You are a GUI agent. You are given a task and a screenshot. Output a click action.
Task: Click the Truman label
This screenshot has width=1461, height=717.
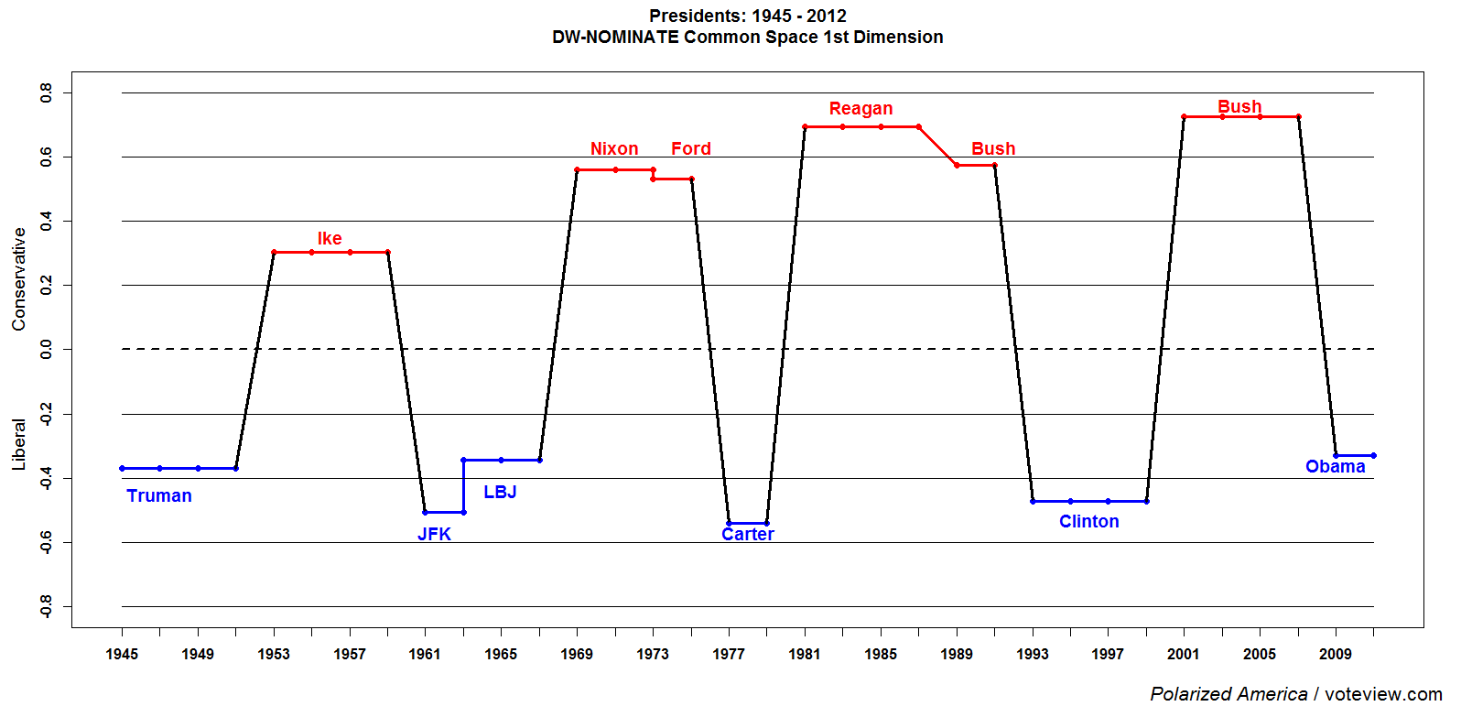click(x=159, y=495)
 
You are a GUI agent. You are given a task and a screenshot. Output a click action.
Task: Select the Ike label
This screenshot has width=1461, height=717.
click(x=330, y=238)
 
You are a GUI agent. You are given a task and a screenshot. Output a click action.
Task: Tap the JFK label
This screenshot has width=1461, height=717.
click(x=434, y=534)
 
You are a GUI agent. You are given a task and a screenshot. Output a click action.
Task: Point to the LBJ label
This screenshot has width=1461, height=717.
click(x=500, y=492)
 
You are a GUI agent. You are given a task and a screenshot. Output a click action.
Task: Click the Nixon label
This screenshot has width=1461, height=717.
click(x=614, y=148)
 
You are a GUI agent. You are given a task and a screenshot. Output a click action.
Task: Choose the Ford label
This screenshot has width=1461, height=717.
click(x=691, y=148)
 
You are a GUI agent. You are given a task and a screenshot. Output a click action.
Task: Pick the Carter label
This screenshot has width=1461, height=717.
click(x=748, y=535)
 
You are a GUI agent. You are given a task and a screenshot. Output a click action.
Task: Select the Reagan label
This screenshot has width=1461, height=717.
click(x=860, y=108)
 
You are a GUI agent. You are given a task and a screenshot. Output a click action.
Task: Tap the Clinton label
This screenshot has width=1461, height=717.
click(x=1088, y=521)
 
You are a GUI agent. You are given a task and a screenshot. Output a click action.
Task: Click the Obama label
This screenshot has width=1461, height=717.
click(x=1335, y=466)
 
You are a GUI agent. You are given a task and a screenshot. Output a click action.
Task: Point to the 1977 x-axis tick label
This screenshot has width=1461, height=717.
click(x=729, y=654)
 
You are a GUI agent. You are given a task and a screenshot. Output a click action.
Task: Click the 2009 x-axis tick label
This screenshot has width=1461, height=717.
click(x=1336, y=654)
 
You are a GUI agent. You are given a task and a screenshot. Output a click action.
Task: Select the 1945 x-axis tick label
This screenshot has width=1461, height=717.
click(x=122, y=654)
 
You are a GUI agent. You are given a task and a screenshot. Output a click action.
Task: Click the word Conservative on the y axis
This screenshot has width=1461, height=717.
click(x=19, y=279)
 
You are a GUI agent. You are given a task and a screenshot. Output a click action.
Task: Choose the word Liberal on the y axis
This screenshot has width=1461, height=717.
click(x=19, y=444)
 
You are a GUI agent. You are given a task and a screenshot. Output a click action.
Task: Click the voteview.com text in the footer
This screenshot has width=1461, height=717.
click(x=1383, y=694)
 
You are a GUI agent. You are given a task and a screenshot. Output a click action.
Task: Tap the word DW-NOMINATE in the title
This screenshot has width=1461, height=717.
click(x=615, y=37)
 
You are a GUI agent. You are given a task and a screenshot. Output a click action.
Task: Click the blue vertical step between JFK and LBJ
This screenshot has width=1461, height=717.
click(x=463, y=486)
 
